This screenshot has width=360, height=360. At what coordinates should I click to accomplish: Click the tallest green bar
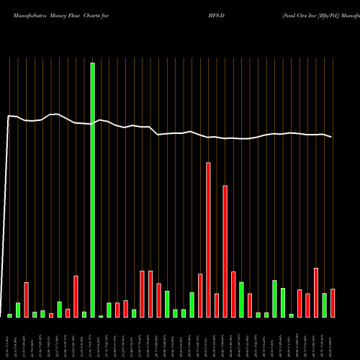pyautogui.click(x=93, y=190)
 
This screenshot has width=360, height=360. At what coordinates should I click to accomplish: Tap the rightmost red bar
pyautogui.click(x=333, y=303)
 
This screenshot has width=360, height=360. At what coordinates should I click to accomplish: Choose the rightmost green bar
pyautogui.click(x=325, y=305)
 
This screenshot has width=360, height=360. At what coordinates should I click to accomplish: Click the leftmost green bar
pyautogui.click(x=10, y=315)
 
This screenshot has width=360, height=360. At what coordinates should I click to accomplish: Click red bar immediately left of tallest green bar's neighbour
pyautogui.click(x=76, y=297)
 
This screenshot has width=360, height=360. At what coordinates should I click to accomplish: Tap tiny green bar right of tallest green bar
pyautogui.click(x=101, y=316)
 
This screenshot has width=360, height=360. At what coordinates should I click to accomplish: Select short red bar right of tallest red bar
pyautogui.click(x=217, y=305)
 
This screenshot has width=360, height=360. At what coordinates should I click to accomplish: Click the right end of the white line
pyautogui.click(x=332, y=137)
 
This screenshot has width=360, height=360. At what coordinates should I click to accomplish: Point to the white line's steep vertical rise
pyautogui.click(x=7, y=216)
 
